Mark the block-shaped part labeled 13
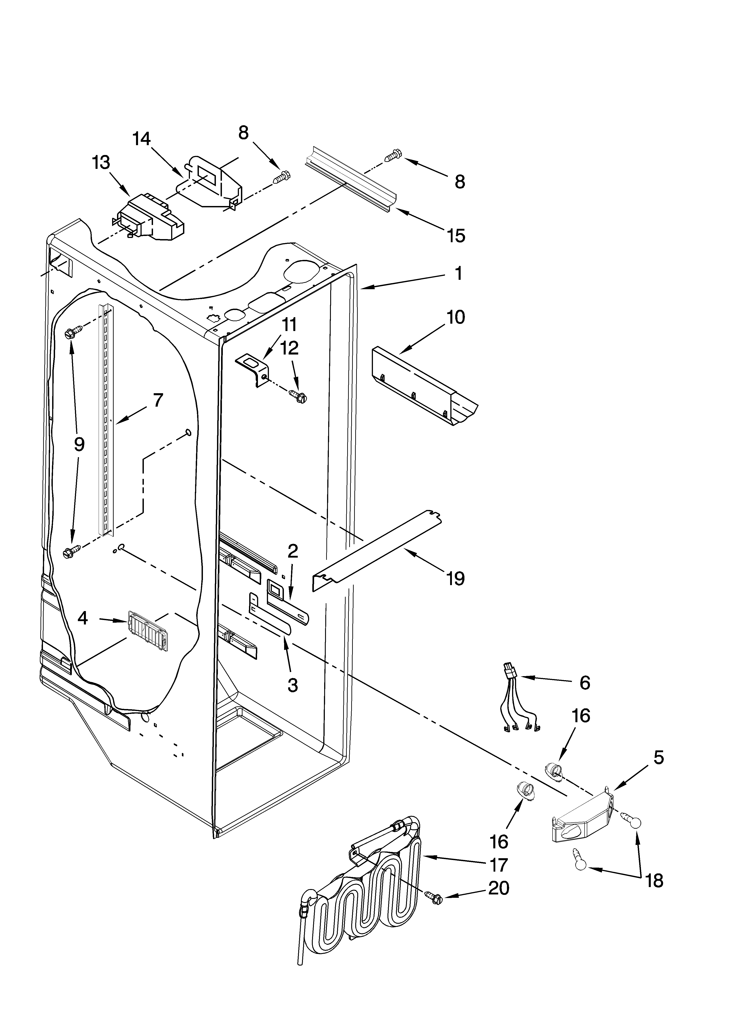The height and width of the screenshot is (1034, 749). point(151,219)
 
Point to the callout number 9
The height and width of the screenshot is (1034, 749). point(79,444)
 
